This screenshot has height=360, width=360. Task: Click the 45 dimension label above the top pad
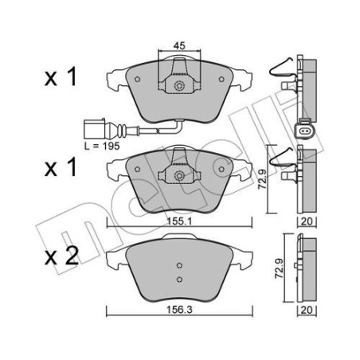181,46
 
